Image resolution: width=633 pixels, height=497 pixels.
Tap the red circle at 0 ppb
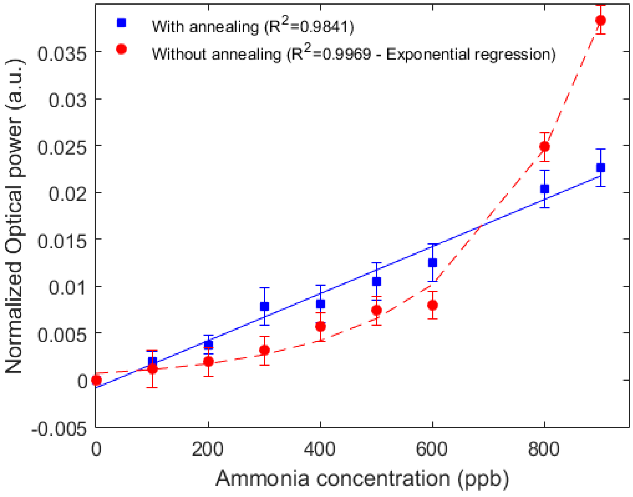click(x=96, y=380)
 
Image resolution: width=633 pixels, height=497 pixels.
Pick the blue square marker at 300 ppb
click(x=264, y=307)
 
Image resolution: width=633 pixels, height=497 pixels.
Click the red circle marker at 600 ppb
click(x=432, y=305)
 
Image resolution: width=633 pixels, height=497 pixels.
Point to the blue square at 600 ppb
click(x=432, y=263)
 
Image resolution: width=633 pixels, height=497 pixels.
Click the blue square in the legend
click(x=121, y=23)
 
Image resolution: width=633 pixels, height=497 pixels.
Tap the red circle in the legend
click(x=121, y=49)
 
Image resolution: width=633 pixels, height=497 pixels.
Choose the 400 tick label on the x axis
click(x=320, y=449)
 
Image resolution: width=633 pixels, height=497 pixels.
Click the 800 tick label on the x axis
click(x=544, y=449)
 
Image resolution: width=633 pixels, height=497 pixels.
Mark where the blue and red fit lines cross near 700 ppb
click(x=482, y=226)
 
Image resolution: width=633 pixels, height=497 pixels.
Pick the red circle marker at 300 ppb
click(x=264, y=350)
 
